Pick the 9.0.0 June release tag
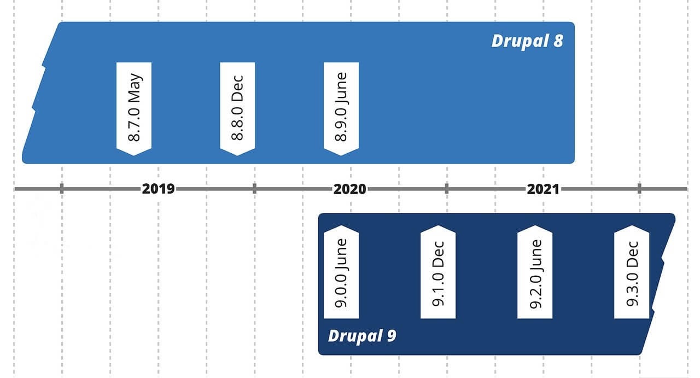341,272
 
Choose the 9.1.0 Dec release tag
438,272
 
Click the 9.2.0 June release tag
535,272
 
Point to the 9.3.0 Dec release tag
632,272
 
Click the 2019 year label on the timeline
158,189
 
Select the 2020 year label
349,189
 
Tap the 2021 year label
543,189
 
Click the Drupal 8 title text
528,41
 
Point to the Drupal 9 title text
362,336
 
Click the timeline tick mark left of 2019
62,189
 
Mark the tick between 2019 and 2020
255,189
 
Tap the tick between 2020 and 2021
447,189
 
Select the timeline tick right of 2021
639,189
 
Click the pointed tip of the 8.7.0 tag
134,155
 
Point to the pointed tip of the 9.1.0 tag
438,226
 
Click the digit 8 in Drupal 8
558,41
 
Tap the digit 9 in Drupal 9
392,336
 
